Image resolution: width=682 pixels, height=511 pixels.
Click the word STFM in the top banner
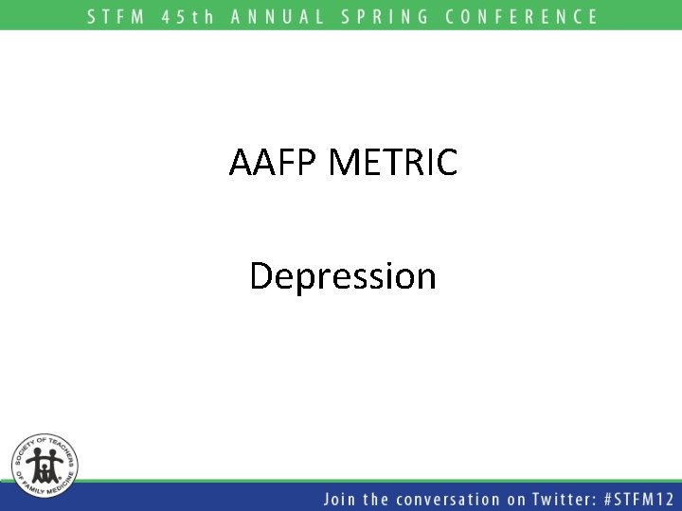coord(119,16)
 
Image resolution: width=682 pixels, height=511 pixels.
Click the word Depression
coord(343,276)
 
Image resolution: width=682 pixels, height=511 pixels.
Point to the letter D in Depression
coord(261,276)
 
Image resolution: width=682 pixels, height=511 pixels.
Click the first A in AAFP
coord(241,163)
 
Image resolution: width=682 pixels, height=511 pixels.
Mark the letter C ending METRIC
coord(446,163)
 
